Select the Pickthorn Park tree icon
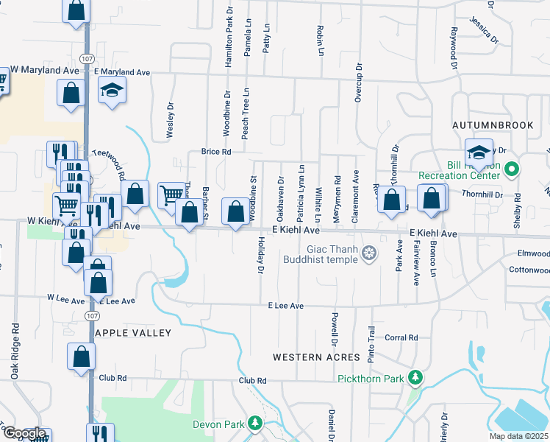click(415, 378)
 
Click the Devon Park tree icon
click(255, 424)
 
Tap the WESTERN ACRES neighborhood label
click(316, 357)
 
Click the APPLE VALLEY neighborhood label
click(134, 333)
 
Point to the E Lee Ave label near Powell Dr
click(285, 305)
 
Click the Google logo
click(24, 433)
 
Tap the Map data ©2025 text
click(518, 435)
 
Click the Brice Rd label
click(216, 152)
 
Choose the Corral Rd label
click(401, 338)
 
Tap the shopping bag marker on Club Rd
click(82, 356)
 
